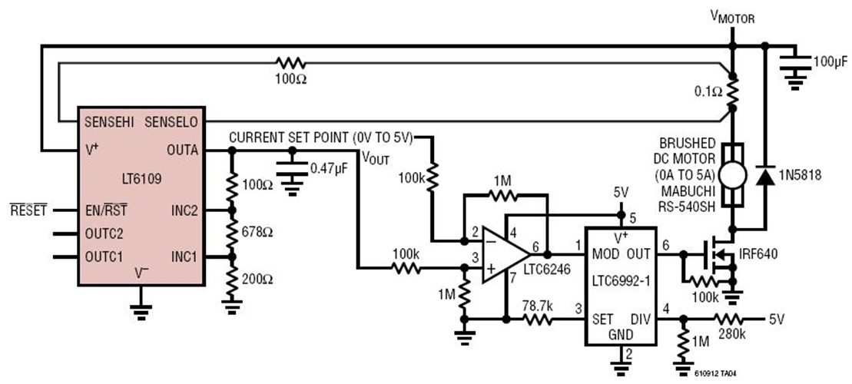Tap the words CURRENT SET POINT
click(289, 137)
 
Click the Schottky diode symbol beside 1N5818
click(764, 176)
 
